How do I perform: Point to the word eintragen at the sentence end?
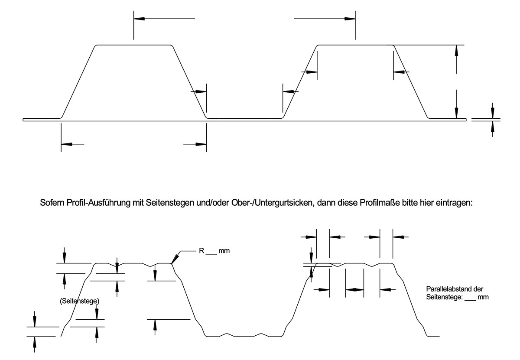pyautogui.click(x=463, y=203)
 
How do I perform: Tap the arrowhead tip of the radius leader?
pyautogui.click(x=172, y=263)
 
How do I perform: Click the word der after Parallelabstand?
pyautogui.click(x=478, y=289)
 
